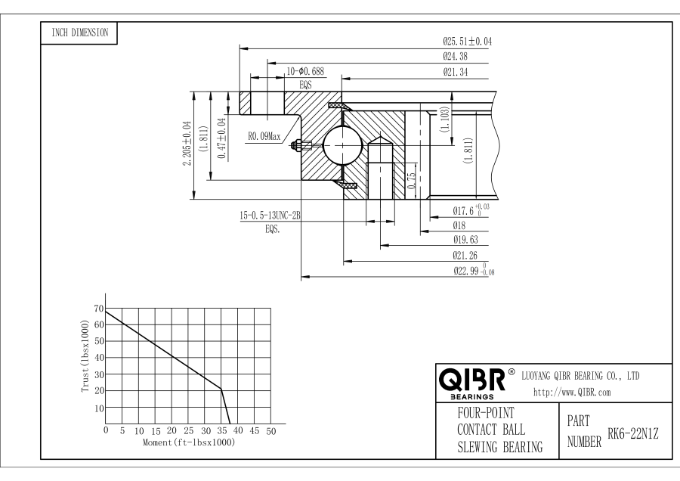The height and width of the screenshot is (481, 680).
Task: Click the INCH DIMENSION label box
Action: pyautogui.click(x=79, y=33)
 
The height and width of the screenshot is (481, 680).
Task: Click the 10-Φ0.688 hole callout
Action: pyautogui.click(x=305, y=72)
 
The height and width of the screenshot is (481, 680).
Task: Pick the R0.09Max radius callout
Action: pyautogui.click(x=264, y=137)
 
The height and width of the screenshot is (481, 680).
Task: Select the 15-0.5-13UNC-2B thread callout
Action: pyautogui.click(x=270, y=216)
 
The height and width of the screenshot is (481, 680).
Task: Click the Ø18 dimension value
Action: pyautogui.click(x=459, y=225)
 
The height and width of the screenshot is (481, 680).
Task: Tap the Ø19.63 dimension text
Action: pyautogui.click(x=462, y=240)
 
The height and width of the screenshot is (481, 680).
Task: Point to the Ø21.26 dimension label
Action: pyautogui.click(x=462, y=255)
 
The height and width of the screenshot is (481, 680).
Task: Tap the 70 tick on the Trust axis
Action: pyautogui.click(x=99, y=309)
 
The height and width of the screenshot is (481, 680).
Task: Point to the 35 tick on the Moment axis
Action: pyautogui.click(x=222, y=431)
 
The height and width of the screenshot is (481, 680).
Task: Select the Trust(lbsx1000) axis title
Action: pyautogui.click(x=85, y=355)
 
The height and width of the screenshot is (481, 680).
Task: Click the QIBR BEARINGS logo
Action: pyautogui.click(x=471, y=382)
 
